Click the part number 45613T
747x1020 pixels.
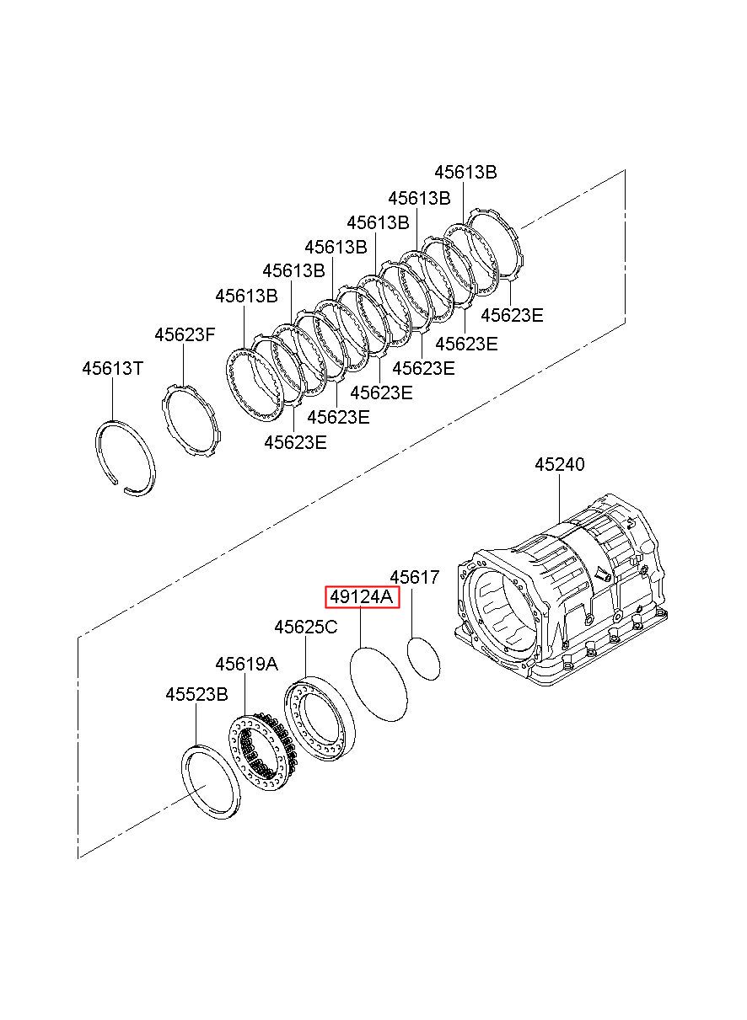(113, 368)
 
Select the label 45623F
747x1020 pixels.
(185, 334)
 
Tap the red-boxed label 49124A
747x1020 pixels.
(362, 597)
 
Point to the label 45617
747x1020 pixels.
(414, 577)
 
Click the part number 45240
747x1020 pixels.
(560, 464)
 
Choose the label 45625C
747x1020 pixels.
(306, 627)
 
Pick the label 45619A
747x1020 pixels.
(246, 665)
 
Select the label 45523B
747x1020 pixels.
(196, 695)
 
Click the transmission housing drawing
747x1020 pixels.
(560, 592)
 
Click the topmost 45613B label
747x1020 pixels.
(465, 172)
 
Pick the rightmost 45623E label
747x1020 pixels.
(513, 315)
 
